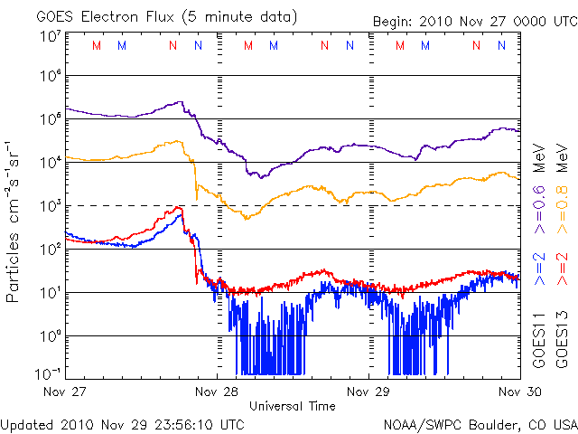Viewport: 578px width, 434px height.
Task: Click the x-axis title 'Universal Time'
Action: point(293,406)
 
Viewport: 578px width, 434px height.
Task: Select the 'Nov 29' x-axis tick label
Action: point(369,392)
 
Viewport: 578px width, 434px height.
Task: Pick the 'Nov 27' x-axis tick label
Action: point(65,392)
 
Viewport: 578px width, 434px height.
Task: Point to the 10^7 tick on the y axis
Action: point(51,36)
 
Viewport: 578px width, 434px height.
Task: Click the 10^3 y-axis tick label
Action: point(51,206)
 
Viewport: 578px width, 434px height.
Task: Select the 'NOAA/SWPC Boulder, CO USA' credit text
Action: point(480,423)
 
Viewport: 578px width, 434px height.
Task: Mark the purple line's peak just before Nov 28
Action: point(183,102)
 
